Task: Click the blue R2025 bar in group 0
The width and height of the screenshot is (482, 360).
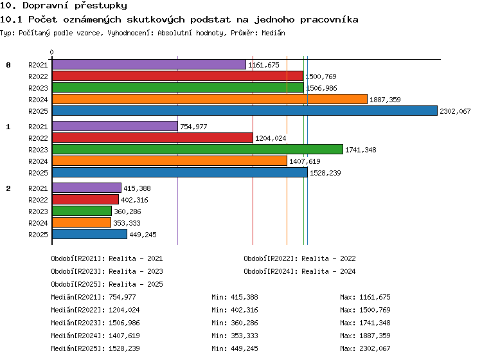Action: coord(245,111)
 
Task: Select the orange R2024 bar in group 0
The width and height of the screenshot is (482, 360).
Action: coord(210,99)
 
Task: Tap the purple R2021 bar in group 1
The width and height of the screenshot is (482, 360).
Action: coord(115,126)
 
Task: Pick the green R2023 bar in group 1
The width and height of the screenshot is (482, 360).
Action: coord(197,149)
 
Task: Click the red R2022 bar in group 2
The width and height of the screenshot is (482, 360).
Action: coord(85,199)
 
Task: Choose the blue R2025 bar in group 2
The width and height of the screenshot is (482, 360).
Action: coord(89,234)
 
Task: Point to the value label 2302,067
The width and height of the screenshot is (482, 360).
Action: coord(455,111)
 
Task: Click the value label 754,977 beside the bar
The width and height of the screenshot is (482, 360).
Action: coord(193,127)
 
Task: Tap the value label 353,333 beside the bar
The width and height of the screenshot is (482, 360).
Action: coord(127,223)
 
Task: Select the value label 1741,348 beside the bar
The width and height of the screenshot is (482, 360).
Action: coord(361,150)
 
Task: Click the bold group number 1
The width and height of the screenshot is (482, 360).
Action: coord(8,127)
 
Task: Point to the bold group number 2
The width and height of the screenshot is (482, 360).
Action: coord(8,188)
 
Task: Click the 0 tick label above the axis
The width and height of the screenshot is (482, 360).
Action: coord(51,52)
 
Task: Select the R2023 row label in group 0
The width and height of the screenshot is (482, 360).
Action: coord(38,88)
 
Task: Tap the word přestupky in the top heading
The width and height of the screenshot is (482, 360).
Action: coord(101,5)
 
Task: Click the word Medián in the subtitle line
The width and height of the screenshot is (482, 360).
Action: coord(273,33)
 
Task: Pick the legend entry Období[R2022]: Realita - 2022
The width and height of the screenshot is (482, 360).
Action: coord(299,258)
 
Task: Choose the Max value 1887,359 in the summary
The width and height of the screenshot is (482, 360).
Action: coord(375,336)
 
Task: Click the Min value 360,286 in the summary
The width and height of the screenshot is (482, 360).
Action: coord(244,323)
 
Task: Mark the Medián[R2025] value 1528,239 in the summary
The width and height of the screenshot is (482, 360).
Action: coord(124,348)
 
